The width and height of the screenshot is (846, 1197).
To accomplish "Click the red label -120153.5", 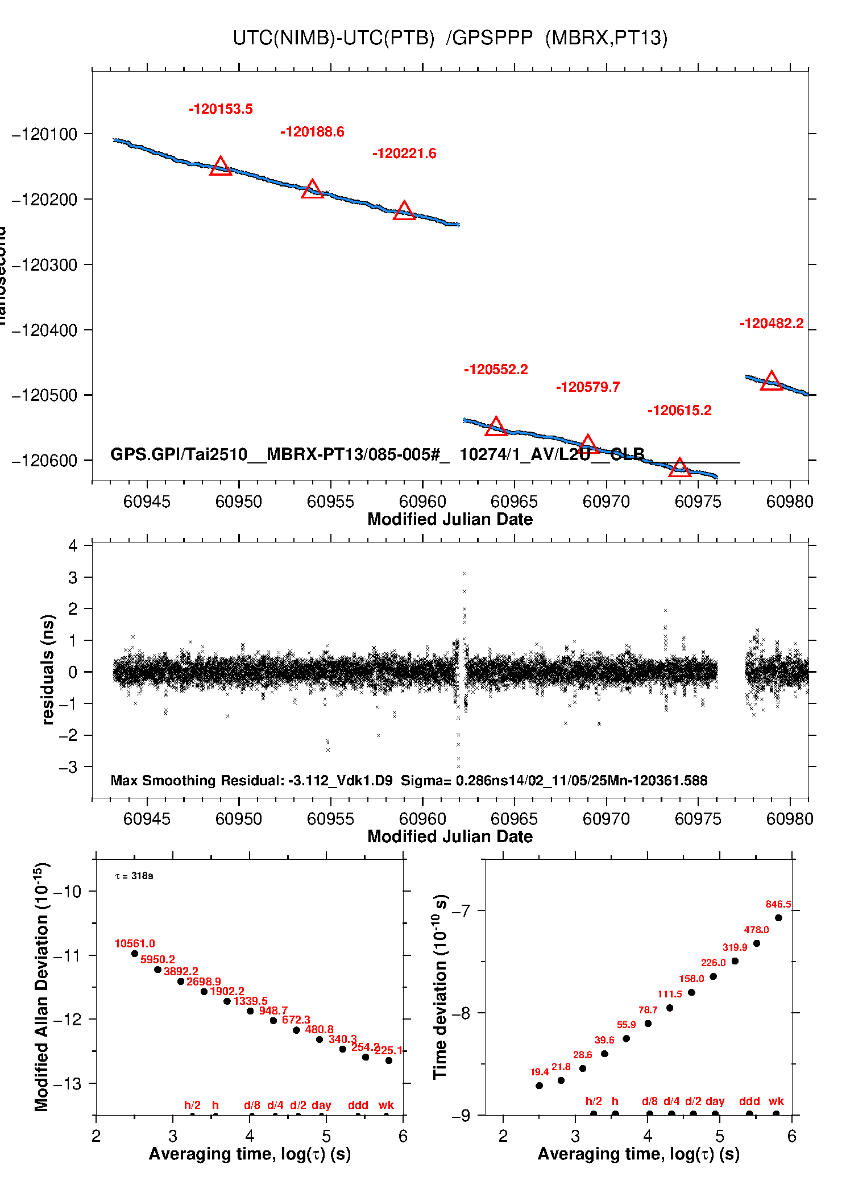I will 221,109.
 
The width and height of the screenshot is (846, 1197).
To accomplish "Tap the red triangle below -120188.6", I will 312,189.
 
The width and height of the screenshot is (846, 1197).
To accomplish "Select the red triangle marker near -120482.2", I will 771,380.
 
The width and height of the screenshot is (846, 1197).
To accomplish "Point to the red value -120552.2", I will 496,370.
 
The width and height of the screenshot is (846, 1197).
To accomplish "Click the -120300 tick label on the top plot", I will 44,265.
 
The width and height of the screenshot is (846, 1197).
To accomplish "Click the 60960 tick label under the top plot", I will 422,502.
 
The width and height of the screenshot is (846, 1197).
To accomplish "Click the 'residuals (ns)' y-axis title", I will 48,669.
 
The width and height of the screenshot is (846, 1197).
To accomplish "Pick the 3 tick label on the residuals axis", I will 73,578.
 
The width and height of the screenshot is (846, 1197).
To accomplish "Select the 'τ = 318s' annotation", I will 134,876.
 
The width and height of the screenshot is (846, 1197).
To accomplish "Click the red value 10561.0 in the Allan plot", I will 135,943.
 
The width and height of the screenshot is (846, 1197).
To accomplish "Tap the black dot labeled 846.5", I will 778,918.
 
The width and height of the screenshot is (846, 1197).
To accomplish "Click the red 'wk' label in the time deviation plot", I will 776,1101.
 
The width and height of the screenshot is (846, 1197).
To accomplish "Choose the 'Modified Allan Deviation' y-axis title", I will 42,987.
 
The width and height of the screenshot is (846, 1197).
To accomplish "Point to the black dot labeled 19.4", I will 540,1086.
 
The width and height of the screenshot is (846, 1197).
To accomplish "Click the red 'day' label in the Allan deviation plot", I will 321,1105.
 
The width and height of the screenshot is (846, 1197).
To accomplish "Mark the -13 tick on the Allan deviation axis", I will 67,1084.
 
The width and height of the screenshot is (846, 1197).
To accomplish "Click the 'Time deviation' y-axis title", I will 440,987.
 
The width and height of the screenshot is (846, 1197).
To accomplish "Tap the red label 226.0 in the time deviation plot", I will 713,963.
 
